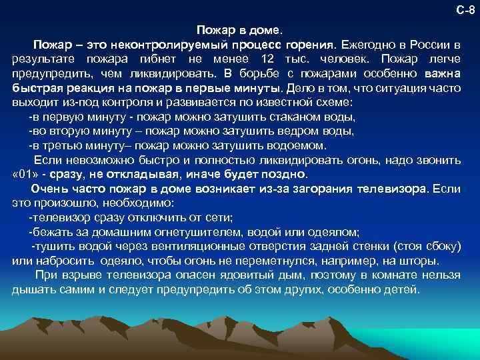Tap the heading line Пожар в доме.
pos(239,31)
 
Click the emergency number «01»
pos(27,175)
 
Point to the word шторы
pos(421,261)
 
